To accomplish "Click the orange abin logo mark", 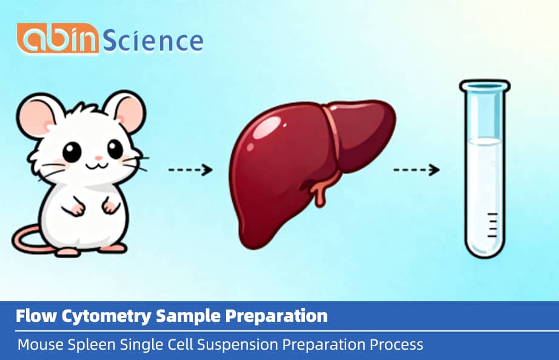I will (57, 39).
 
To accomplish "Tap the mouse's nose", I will (89, 158).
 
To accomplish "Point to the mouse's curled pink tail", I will (27, 239).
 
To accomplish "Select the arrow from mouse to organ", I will (190, 170).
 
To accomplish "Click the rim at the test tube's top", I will (481, 86).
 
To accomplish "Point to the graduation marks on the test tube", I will (492, 225).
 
